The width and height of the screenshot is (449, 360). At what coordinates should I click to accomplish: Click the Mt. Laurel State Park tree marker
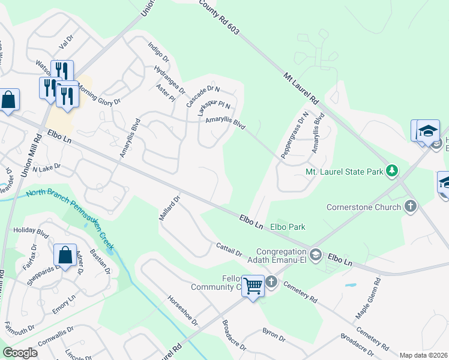click(x=392, y=172)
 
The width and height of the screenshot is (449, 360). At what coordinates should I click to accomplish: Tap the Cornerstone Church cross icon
click(x=411, y=207)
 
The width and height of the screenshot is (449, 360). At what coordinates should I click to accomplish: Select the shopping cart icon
click(x=253, y=286)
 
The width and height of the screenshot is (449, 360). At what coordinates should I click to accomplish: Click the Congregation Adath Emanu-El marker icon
click(x=316, y=256)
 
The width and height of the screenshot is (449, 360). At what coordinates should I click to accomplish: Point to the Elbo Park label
click(x=288, y=227)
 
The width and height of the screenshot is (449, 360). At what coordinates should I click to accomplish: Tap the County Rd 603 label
click(x=217, y=17)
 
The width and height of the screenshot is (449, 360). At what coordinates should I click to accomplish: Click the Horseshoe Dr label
click(x=182, y=311)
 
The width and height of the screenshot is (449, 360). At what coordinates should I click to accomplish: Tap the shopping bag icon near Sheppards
click(x=65, y=256)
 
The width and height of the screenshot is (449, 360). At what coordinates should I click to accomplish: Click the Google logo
click(x=20, y=353)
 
